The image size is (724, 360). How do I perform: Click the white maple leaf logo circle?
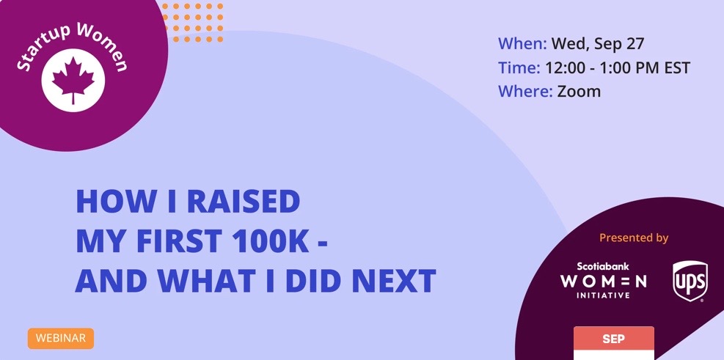pyautogui.click(x=73, y=80)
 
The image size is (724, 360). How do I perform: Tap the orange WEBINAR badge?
pyautogui.click(x=60, y=338)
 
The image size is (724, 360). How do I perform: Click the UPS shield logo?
pyautogui.click(x=690, y=281)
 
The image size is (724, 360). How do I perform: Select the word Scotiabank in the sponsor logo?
pyautogui.click(x=602, y=266)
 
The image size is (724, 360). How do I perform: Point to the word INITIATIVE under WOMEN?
pyautogui.click(x=603, y=295)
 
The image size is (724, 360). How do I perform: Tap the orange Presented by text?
pyautogui.click(x=634, y=238)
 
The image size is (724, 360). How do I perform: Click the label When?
pyautogui.click(x=522, y=44)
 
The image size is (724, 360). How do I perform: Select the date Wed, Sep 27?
pyautogui.click(x=598, y=44)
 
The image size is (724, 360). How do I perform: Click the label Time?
pyautogui.click(x=519, y=68)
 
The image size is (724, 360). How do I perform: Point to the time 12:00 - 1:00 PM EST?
pyautogui.click(x=618, y=68)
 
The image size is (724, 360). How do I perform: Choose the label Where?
pyautogui.click(x=525, y=92)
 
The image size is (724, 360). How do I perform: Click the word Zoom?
pyautogui.click(x=579, y=92)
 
